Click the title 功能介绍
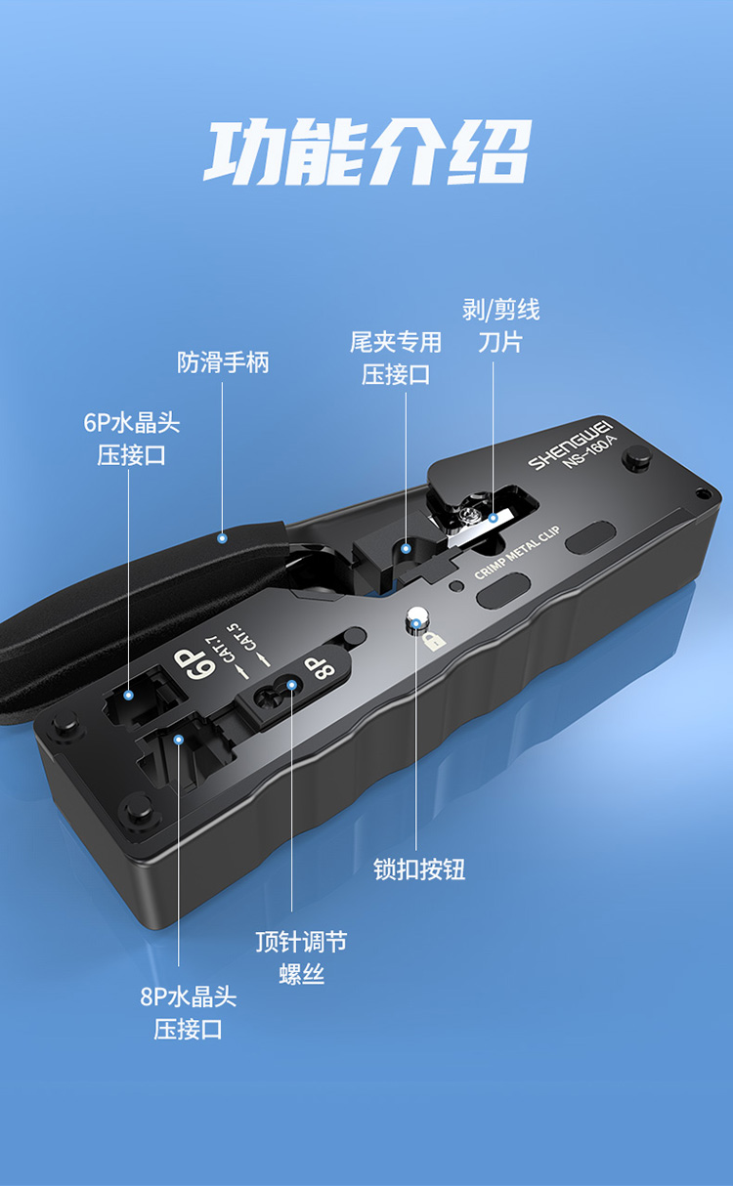367,152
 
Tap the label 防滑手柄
223,362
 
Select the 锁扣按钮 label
419,869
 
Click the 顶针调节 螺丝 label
301,957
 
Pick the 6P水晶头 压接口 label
132,439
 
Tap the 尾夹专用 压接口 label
396,359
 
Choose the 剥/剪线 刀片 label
501,325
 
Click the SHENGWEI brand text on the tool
570,445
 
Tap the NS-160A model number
589,453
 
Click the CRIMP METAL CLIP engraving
517,553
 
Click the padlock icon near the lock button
434,641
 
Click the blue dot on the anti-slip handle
223,538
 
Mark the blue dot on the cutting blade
494,518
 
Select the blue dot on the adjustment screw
292,685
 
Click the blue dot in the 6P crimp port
128,696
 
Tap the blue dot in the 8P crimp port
179,740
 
